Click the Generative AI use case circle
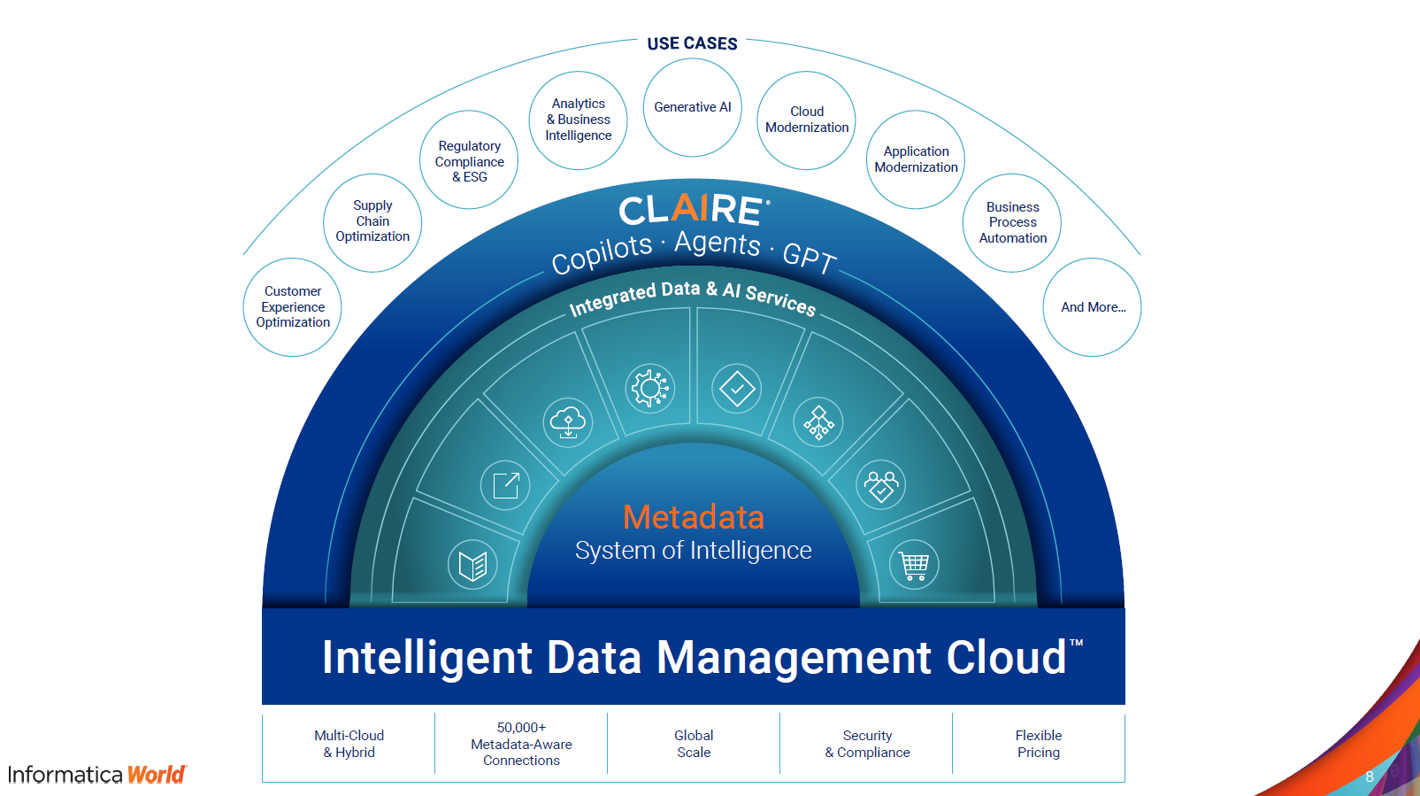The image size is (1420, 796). point(692,107)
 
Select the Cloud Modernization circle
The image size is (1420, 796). point(806,120)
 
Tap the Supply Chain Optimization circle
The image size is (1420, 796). point(372,221)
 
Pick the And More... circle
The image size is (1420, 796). point(1093,307)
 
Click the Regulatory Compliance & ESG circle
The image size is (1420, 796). point(469,160)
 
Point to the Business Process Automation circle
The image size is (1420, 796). point(1012,222)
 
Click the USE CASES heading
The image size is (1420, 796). point(692,43)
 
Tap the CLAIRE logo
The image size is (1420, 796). point(693,211)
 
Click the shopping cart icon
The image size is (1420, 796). point(914,564)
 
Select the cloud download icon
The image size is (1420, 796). point(568,422)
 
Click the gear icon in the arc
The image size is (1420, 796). point(650,388)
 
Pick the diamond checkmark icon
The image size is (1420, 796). point(737,388)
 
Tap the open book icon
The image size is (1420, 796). point(472,564)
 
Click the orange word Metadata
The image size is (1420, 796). point(693,517)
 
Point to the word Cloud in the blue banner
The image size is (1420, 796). point(1006,658)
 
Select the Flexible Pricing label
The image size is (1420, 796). point(1038,744)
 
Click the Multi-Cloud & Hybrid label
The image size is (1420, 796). point(349,744)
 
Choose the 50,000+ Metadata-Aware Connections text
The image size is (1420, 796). point(521,744)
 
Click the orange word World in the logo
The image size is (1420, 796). point(157,775)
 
